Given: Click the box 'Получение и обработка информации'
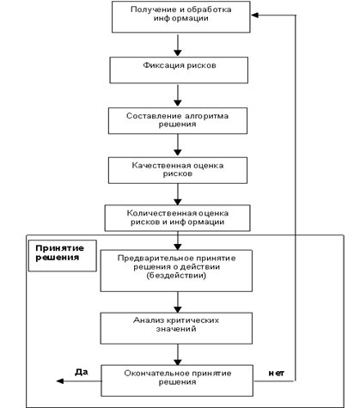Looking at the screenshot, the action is click(x=180, y=17).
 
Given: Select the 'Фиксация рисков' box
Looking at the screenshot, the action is click(x=179, y=70).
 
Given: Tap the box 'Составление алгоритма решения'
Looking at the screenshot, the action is click(x=178, y=120).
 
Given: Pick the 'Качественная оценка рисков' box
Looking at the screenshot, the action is click(x=178, y=170).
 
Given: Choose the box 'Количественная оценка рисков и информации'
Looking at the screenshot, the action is click(x=177, y=218).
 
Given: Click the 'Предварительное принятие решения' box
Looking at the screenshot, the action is click(x=176, y=271).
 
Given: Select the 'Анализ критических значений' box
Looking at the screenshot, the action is click(x=176, y=328).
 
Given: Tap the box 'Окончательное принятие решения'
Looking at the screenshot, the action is click(x=177, y=381).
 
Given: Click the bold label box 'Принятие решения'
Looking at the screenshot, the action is click(x=63, y=256).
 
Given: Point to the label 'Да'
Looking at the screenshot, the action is click(x=82, y=372).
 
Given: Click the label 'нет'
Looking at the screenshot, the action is click(x=277, y=373).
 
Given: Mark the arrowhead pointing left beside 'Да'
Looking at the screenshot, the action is click(x=60, y=381).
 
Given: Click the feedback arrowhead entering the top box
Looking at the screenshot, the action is click(x=255, y=15).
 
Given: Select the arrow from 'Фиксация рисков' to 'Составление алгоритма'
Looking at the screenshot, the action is click(x=178, y=95).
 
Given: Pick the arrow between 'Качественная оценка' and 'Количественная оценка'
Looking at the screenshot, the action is click(x=178, y=194).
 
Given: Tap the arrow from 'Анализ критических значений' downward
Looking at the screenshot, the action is click(x=178, y=355).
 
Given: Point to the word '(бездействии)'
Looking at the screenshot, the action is click(x=176, y=276).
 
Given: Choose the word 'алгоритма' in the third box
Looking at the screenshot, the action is click(x=206, y=116).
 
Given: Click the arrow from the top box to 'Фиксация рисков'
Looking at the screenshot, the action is click(x=178, y=46).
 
